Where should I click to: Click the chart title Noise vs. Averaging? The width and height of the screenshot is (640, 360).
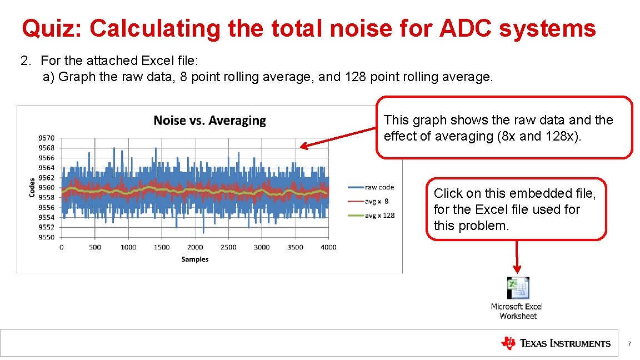point(209,121)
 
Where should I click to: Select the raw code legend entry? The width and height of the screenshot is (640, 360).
point(379,187)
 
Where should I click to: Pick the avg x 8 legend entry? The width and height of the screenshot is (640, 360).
point(377,201)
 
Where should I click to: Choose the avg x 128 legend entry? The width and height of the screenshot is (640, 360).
point(379,215)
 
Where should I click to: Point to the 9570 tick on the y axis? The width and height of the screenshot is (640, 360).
point(47,138)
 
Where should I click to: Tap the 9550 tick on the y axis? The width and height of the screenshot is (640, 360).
point(47,237)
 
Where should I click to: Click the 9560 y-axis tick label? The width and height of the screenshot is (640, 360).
point(47,188)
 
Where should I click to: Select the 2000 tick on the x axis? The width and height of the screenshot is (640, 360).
point(195,247)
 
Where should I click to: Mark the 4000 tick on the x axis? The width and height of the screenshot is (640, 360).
point(328,247)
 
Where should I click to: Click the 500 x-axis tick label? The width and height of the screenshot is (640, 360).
point(95,247)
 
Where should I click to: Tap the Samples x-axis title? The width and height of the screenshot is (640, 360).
point(195,259)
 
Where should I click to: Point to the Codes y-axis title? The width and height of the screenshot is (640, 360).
point(32,187)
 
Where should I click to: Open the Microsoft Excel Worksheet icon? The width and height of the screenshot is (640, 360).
point(518,288)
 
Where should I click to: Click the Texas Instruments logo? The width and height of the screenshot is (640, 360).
point(556,343)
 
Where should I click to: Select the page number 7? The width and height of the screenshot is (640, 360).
point(629,344)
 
